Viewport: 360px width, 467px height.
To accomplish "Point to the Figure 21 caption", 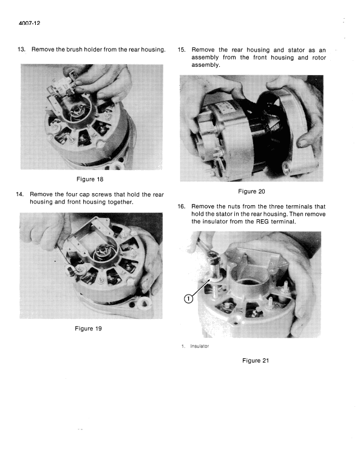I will pos(255,361).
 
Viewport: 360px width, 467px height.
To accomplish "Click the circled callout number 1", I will pos(189,298).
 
